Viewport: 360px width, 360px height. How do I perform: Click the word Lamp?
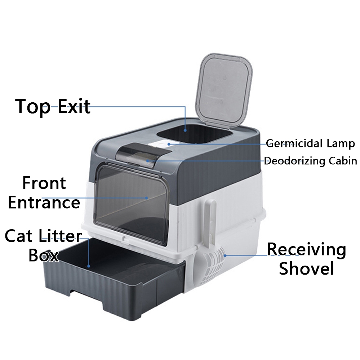coord(341,144)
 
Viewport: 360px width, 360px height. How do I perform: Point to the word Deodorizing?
coord(295,161)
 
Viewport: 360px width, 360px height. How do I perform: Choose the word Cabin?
coord(342,161)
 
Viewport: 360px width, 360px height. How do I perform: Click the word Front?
coord(44,183)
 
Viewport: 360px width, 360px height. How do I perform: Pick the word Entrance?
coord(44,202)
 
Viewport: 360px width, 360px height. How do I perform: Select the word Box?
coord(43,255)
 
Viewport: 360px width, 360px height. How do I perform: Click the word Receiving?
coord(306,249)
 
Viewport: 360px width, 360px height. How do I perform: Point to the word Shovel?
coord(306,268)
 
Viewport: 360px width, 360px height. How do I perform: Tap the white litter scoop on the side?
coord(213,259)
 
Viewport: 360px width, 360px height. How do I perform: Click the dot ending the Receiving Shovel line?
coord(225,254)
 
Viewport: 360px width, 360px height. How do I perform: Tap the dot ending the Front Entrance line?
coord(147,197)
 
